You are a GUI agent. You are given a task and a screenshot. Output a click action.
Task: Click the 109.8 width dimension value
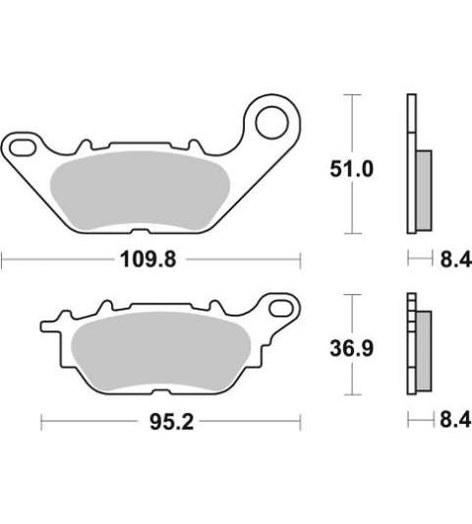tap(148, 260)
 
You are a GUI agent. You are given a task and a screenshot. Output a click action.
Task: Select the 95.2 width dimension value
tap(171, 422)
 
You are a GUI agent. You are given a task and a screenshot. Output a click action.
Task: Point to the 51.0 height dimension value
tap(351, 169)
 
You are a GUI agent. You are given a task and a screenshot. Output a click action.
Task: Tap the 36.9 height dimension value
tap(351, 349)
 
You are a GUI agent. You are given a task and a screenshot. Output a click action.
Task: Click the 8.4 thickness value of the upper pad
tap(455, 260)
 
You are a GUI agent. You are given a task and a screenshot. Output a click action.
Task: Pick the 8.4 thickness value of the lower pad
tap(455, 420)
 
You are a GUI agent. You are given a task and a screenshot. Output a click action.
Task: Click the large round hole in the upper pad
tap(271, 122)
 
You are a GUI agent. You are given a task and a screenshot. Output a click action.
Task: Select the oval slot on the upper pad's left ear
tap(23, 148)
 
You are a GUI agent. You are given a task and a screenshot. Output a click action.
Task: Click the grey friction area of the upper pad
tap(140, 191)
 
